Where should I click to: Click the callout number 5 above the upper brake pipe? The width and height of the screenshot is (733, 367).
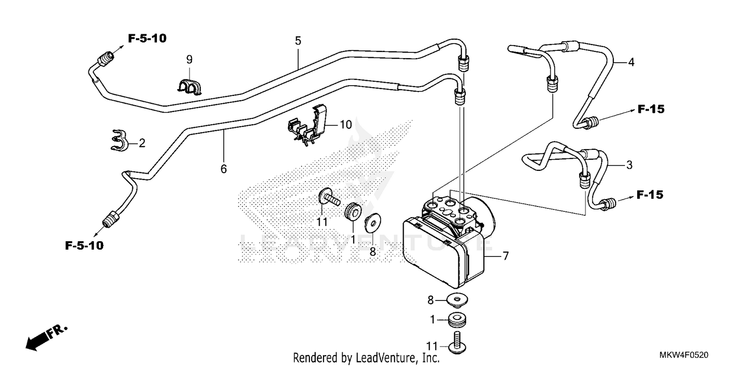pyautogui.click(x=298, y=41)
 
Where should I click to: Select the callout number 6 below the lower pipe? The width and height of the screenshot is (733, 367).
pyautogui.click(x=224, y=169)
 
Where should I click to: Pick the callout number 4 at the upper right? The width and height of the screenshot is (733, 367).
pyautogui.click(x=631, y=62)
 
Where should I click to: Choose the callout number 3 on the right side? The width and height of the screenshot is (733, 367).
pyautogui.click(x=629, y=165)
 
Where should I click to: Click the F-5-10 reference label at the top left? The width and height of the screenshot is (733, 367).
pyautogui.click(x=147, y=38)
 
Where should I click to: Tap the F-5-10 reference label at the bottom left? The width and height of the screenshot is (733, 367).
pyautogui.click(x=85, y=246)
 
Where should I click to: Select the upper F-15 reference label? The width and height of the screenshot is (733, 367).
pyautogui.click(x=651, y=110)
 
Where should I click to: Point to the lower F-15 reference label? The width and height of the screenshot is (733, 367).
pyautogui.click(x=650, y=195)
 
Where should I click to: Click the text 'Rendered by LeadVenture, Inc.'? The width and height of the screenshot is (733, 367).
pyautogui.click(x=366, y=358)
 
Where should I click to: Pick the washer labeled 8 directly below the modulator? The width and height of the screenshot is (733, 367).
pyautogui.click(x=456, y=298)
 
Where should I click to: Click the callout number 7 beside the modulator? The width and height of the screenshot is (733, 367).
pyautogui.click(x=505, y=256)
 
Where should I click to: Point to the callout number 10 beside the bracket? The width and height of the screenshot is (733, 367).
pyautogui.click(x=345, y=125)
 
